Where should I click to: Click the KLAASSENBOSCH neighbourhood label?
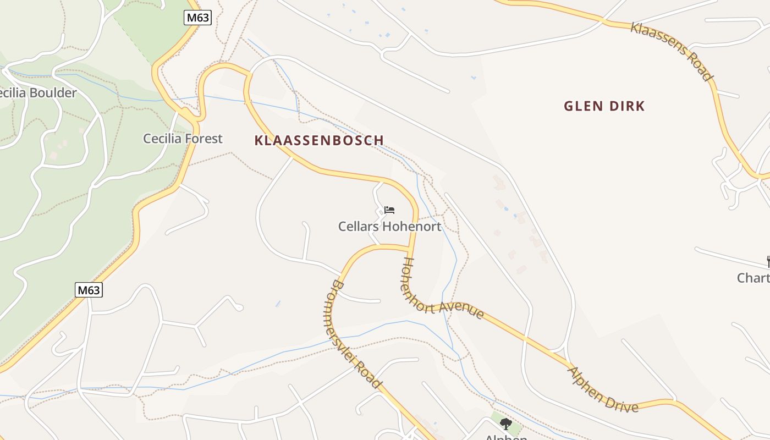click(319, 140)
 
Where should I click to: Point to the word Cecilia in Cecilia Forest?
click(162, 139)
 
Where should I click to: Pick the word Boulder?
click(53, 93)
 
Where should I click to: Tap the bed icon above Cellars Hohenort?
click(389, 210)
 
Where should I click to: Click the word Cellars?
click(358, 226)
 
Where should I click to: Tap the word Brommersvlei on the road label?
click(340, 324)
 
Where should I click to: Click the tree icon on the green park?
click(506, 424)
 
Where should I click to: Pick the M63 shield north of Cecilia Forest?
click(197, 18)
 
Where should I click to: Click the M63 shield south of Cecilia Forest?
click(89, 289)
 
